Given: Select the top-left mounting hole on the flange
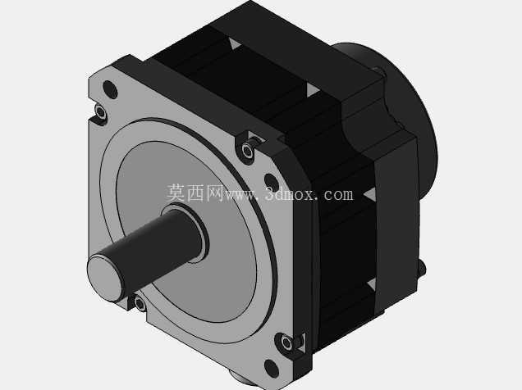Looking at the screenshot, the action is coord(110,89).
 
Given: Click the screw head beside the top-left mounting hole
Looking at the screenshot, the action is coord(100,113).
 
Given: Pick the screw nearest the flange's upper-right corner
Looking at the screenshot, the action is coord(247,150).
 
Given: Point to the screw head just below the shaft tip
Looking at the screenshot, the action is coord(140,303).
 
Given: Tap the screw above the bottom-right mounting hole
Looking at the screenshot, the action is coord(287,342).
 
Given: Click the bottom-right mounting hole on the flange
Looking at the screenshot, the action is coord(271,368).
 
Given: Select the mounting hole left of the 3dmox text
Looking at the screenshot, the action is coord(271,182).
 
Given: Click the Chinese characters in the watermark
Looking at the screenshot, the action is coord(195,193).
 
